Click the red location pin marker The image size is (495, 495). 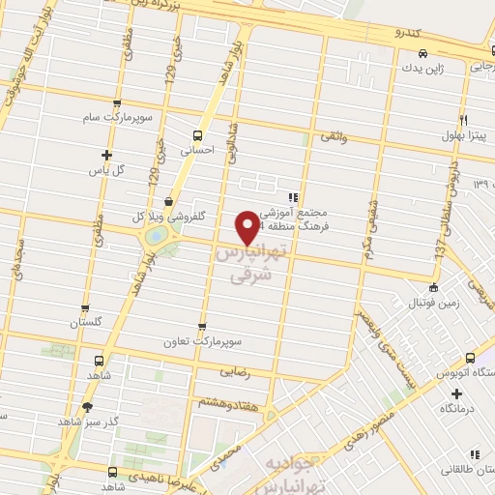pos(248,226)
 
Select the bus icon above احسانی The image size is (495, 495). pos(197,135)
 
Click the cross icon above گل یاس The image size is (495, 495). pos(106,155)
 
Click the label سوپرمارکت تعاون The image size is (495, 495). pos(201,342)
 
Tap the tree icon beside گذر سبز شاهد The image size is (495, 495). pos(89,407)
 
